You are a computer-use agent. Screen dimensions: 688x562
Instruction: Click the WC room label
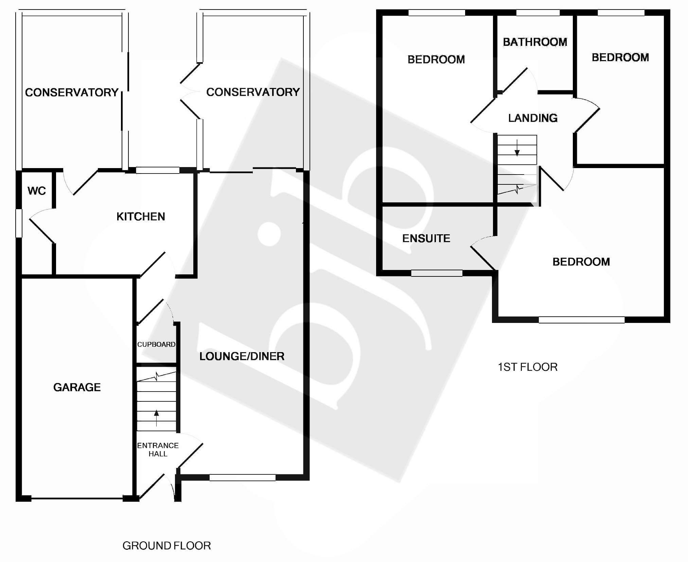(36, 191)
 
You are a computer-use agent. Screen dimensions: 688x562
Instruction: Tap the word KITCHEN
(141, 217)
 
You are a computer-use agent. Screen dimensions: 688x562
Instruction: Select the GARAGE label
(77, 387)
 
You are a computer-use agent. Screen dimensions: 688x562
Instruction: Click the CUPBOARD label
(156, 344)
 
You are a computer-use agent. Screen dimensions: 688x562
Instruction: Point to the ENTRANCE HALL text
(158, 450)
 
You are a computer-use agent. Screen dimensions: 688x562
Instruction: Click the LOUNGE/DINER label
(242, 356)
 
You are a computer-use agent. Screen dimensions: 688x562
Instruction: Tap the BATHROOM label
(535, 42)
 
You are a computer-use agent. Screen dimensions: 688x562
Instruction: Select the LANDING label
(533, 118)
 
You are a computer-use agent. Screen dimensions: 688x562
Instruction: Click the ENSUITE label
(426, 238)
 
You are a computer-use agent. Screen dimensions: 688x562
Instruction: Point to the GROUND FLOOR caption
(166, 546)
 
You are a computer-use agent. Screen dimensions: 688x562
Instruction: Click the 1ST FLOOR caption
(527, 367)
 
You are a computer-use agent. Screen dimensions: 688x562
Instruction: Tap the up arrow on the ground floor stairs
(156, 418)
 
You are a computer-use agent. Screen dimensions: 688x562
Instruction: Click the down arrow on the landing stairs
(517, 148)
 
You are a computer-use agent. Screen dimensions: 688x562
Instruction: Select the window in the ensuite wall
(437, 273)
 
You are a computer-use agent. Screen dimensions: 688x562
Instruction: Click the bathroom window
(538, 13)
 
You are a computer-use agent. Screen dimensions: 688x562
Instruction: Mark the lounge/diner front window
(242, 477)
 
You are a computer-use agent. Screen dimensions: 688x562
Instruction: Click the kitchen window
(158, 170)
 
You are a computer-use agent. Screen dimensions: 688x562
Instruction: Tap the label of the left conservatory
(72, 92)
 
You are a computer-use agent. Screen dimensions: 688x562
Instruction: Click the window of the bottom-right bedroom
(582, 320)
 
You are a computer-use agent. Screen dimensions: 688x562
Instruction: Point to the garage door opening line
(77, 498)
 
